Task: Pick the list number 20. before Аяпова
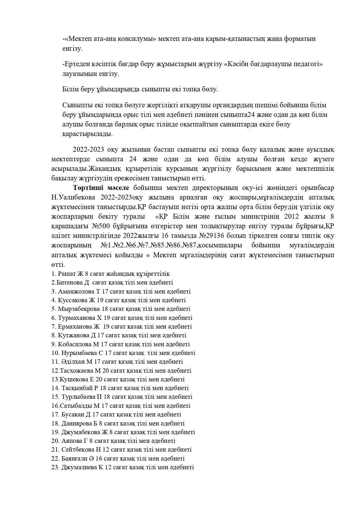(x=55, y=441)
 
